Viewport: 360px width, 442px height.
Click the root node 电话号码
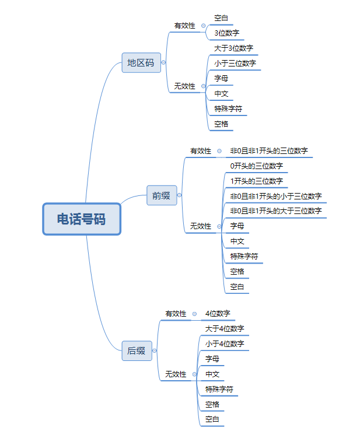point(82,219)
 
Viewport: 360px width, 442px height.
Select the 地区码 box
point(141,62)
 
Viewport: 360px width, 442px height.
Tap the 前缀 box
point(161,195)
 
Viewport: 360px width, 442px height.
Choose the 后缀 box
point(137,350)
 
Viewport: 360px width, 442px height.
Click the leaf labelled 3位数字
point(226,33)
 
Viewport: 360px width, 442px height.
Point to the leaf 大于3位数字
point(233,48)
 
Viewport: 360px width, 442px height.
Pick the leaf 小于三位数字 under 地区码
point(235,63)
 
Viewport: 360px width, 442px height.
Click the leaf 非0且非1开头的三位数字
point(269,150)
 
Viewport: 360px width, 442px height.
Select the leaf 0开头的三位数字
point(257,166)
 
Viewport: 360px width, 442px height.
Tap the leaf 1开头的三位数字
point(257,181)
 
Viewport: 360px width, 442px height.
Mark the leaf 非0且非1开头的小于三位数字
point(276,196)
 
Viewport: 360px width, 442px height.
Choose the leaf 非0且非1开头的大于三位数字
point(276,211)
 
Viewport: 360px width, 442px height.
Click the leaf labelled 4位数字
point(218,313)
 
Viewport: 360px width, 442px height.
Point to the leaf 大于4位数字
point(225,328)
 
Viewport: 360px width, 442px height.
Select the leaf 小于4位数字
point(225,343)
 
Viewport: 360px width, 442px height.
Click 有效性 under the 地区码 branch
point(184,26)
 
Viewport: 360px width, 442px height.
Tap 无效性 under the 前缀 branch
point(200,226)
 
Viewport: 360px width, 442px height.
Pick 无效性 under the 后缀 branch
point(176,374)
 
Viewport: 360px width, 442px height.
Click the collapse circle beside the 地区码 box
point(163,62)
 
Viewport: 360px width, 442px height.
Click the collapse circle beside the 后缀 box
point(155,350)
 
